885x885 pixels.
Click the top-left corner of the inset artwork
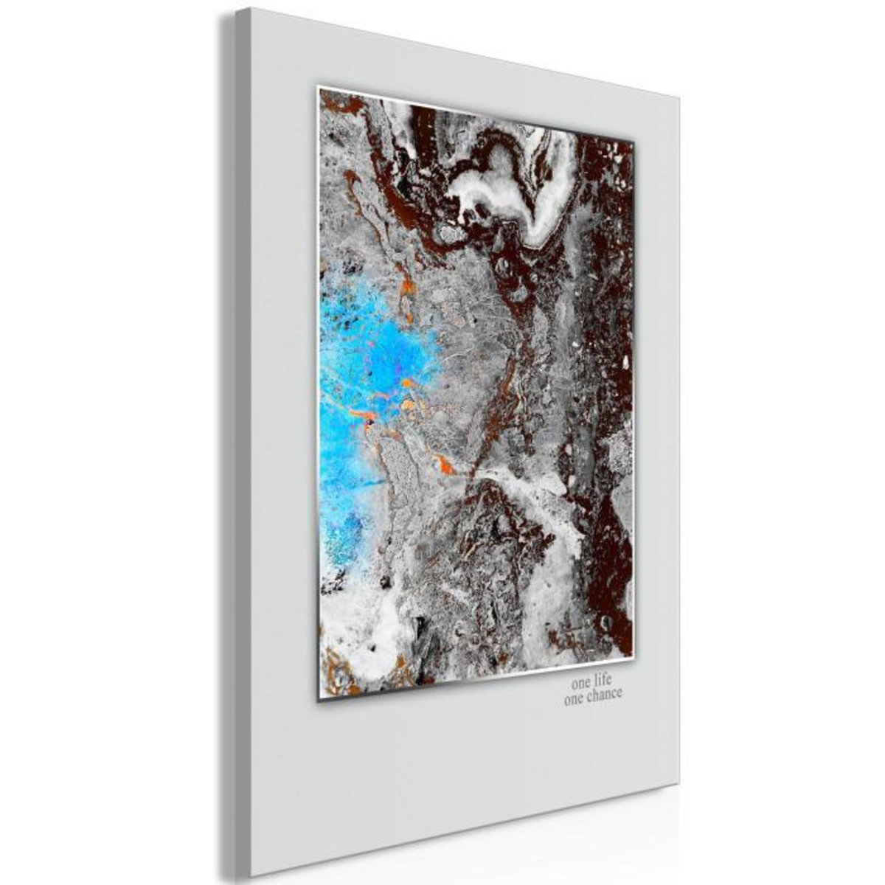[318, 87]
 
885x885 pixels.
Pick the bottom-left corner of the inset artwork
[318, 701]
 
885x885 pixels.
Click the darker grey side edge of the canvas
[232, 442]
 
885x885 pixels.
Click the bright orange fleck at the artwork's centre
[445, 465]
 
